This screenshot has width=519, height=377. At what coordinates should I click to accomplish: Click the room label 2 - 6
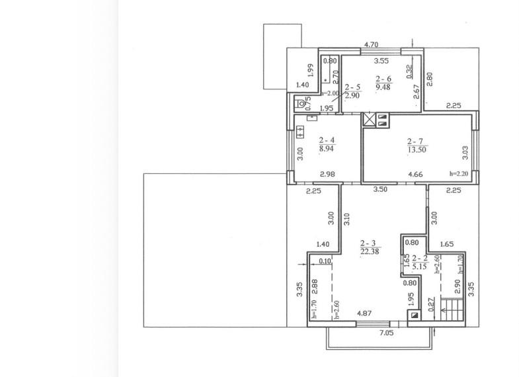tap(383, 79)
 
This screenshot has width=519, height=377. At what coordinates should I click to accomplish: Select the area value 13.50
tap(417, 149)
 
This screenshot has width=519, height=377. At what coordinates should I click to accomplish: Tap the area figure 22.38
tap(370, 251)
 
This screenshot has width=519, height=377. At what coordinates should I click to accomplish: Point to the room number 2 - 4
tap(327, 140)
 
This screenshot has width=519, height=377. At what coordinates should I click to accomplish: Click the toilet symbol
tap(301, 105)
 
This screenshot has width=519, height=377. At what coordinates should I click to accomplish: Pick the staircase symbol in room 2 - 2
tap(452, 310)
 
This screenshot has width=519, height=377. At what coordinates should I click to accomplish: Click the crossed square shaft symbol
tap(369, 120)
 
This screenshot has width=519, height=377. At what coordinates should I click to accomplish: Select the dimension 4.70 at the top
tap(371, 44)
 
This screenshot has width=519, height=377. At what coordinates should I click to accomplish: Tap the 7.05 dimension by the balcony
tap(386, 333)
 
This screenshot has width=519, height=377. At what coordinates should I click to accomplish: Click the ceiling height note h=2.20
tap(459, 173)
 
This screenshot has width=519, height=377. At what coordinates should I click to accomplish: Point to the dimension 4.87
tap(364, 313)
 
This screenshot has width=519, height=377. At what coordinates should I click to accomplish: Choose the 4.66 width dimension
tap(415, 175)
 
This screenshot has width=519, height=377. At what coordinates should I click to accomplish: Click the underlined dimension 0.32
tap(409, 71)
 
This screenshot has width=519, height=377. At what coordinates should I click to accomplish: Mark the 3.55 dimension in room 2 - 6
tap(381, 61)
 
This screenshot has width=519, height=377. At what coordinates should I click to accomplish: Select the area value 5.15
tap(420, 267)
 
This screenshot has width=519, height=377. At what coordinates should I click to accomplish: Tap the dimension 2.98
tap(327, 175)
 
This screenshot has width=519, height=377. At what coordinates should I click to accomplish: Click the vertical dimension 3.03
tap(465, 153)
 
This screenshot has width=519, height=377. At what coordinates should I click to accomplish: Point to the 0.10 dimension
tap(325, 261)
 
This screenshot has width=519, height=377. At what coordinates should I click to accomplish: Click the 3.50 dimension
tap(380, 190)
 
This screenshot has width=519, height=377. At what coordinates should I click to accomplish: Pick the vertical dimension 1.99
tap(310, 70)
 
